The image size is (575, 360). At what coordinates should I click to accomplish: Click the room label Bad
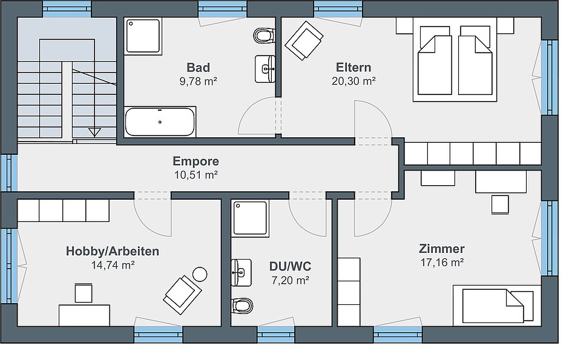tap(199, 67)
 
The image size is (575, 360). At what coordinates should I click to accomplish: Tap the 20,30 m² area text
tap(353, 81)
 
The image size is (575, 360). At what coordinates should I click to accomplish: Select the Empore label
tap(196, 162)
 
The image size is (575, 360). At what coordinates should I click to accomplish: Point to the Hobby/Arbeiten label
tap(113, 251)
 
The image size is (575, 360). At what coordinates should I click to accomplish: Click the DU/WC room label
tap(290, 266)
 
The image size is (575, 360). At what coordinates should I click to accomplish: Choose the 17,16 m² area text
tap(442, 263)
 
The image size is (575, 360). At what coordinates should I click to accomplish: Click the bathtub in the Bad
tap(160, 122)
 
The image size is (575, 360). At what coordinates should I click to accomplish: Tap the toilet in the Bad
tap(264, 36)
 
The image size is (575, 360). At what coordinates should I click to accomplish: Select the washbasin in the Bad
tap(264, 69)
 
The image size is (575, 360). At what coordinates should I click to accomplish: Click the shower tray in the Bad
tap(143, 36)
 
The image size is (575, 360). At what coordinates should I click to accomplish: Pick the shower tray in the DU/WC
tap(251, 217)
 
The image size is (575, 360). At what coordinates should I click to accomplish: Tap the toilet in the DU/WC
tap(242, 306)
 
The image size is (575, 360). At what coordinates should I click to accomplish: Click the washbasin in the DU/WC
tap(241, 273)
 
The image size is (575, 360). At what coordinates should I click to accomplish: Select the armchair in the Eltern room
tap(304, 40)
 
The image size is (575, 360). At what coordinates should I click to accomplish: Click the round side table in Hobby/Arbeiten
tap(200, 274)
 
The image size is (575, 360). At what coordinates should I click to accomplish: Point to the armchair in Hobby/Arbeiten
tap(182, 295)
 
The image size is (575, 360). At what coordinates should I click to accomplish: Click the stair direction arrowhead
tap(94, 132)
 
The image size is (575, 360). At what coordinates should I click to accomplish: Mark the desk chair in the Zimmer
tap(500, 204)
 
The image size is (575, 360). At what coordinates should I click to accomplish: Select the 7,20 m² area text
tap(291, 281)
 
